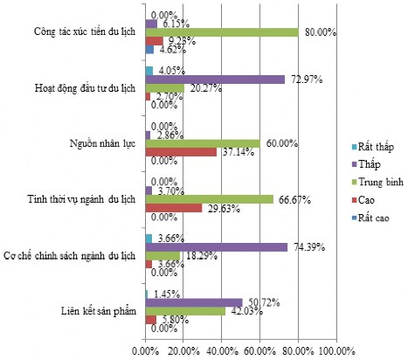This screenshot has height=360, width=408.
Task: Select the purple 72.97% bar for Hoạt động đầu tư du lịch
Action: click(214, 79)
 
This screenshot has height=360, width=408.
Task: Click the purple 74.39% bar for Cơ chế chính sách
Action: click(216, 247)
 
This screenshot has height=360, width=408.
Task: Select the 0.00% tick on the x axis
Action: click(145, 350)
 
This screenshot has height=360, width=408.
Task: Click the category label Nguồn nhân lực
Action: click(103, 142)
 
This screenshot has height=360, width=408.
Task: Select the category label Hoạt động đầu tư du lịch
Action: click(86, 88)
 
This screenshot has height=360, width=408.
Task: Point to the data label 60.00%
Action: click(281, 142)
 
